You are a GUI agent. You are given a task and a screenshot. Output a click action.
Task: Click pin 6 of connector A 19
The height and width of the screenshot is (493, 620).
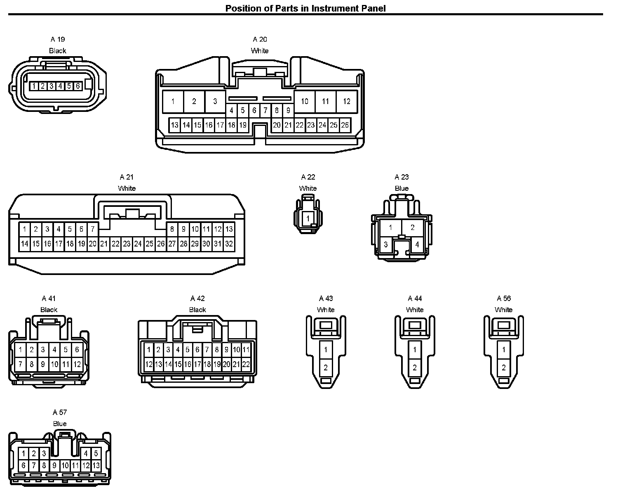point(77,86)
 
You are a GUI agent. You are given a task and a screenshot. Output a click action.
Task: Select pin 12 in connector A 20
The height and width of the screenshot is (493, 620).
point(347,102)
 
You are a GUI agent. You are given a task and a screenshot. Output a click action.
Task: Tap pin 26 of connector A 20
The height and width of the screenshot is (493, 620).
point(345,125)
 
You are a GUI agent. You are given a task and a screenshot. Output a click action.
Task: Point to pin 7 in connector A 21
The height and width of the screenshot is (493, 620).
point(93,229)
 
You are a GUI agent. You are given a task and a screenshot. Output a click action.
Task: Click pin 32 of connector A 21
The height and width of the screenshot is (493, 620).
point(229,244)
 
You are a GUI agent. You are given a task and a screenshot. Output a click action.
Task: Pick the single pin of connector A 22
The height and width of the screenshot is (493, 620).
point(308,218)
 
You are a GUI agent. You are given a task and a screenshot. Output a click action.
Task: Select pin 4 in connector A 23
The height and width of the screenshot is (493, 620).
point(417,244)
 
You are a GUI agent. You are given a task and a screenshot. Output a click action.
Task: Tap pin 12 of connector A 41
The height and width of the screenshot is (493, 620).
point(77,365)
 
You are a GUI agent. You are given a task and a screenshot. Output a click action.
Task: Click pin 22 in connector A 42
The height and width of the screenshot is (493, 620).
point(246,365)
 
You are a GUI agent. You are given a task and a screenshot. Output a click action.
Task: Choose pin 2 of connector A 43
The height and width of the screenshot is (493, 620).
point(326,367)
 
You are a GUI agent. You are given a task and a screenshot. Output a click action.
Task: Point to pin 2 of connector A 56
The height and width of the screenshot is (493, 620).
point(504,367)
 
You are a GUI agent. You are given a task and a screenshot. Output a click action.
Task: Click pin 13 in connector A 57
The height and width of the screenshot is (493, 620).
point(96,466)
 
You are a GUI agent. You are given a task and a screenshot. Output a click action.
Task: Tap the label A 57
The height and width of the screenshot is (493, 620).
point(60,412)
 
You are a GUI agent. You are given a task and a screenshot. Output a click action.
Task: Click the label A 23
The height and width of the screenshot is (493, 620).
point(402,177)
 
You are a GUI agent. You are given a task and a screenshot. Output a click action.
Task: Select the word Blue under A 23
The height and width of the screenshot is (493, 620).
point(402,188)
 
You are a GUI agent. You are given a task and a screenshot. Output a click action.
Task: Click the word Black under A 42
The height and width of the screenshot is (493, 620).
point(197,310)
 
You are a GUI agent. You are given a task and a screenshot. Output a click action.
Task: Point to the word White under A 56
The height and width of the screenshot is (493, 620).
point(504,310)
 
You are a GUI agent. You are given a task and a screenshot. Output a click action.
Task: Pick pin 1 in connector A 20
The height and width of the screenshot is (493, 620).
point(173,102)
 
